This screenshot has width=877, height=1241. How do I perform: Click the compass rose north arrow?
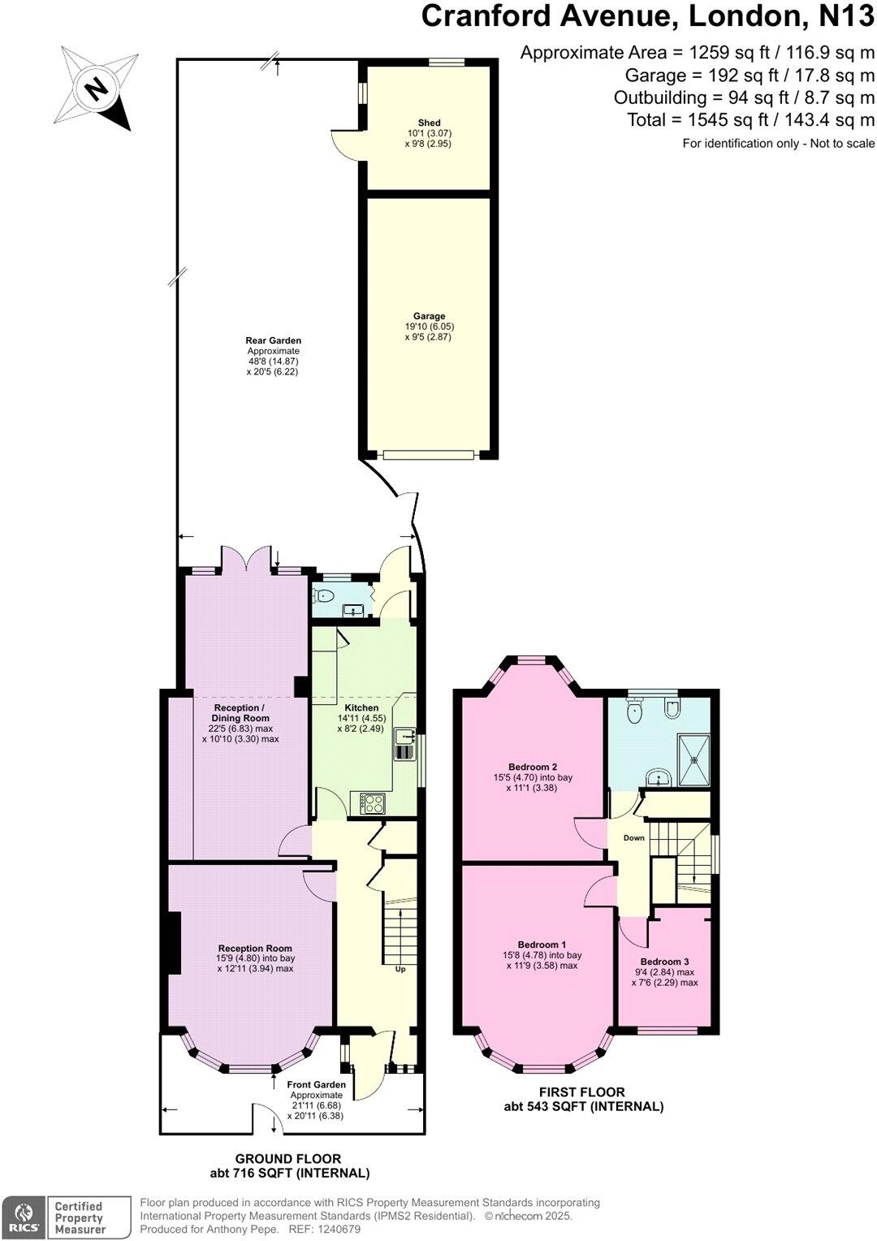96,88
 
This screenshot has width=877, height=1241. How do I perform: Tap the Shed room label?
429,123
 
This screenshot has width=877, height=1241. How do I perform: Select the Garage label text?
429,317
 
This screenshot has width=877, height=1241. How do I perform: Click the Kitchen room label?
361,708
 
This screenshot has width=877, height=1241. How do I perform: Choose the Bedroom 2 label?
533,767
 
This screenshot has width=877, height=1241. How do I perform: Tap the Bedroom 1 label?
542,945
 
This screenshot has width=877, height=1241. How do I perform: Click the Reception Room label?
255,948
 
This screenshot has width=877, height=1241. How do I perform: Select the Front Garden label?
316,1084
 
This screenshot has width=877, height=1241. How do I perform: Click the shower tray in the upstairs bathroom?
694,760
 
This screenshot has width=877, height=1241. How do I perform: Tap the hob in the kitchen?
373,803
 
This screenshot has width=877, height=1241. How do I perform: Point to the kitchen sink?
404,744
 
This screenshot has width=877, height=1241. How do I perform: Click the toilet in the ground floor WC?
326,596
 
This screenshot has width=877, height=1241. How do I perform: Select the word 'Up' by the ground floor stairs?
400,969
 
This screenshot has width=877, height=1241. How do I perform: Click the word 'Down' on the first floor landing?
634,838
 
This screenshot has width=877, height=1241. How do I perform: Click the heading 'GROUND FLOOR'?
288,1159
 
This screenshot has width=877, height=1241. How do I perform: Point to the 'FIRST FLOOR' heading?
582,1092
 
